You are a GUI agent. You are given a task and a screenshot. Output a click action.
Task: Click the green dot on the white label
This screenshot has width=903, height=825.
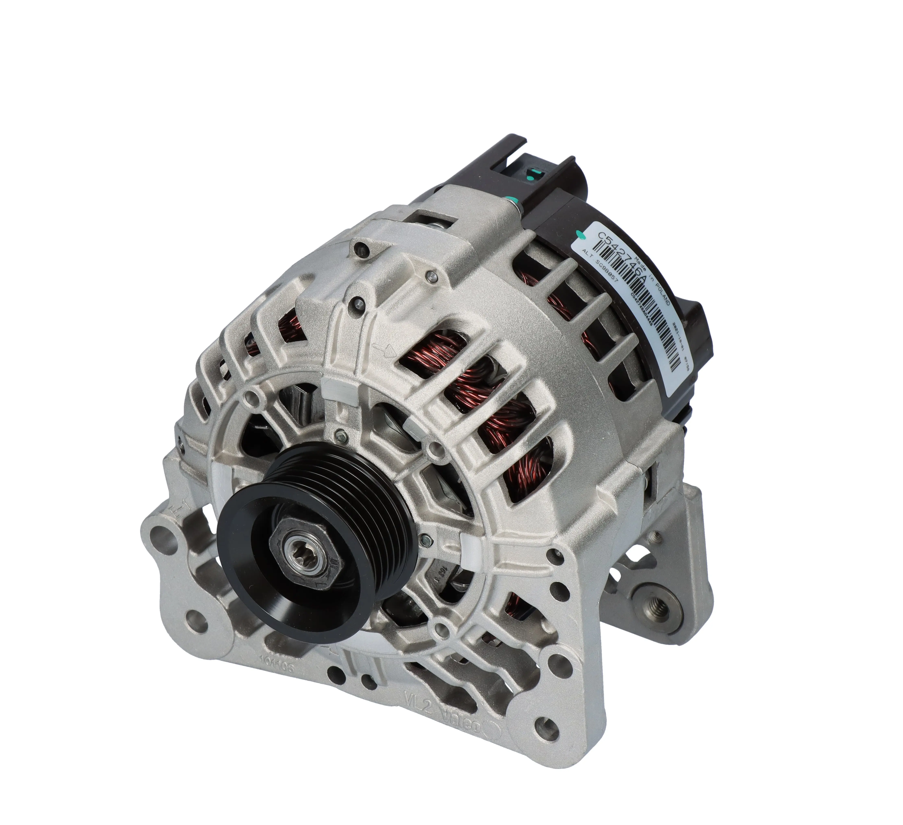[581, 233]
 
